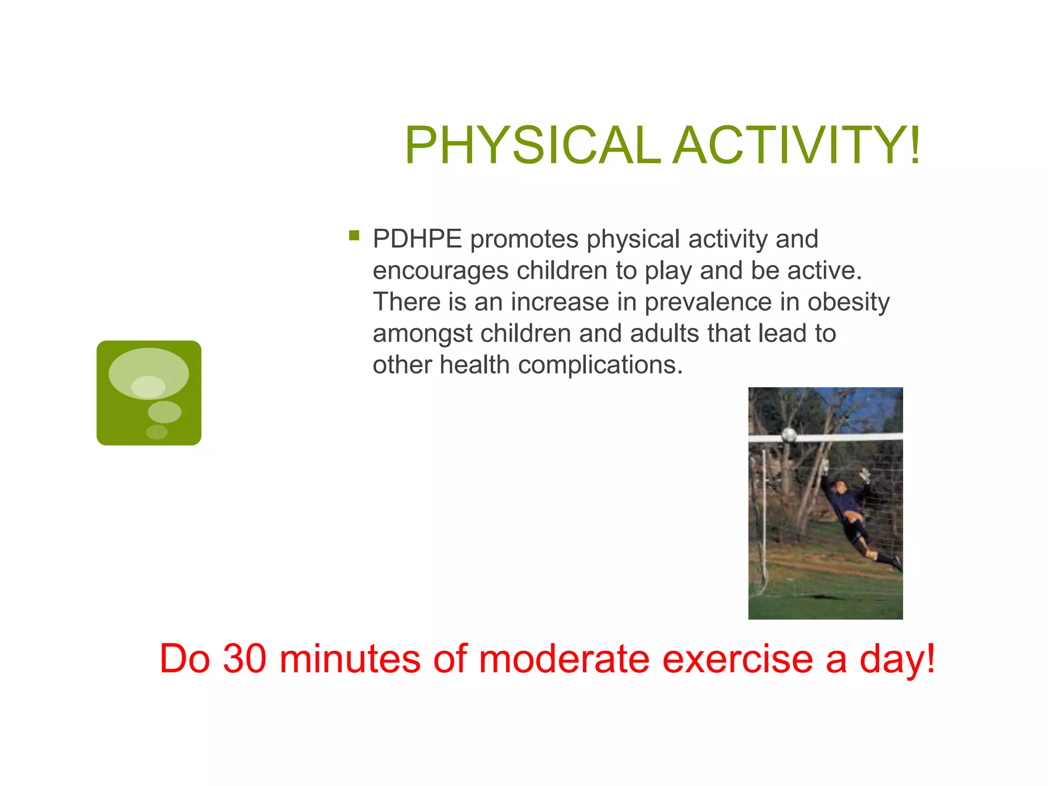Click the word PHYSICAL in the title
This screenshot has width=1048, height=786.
tap(532, 146)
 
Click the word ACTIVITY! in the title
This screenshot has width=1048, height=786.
tap(796, 146)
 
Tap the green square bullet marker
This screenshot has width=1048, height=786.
tap(354, 235)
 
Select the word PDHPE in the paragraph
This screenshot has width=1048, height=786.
tap(417, 239)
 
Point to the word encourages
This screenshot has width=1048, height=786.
tap(440, 271)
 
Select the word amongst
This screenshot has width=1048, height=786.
tap(423, 334)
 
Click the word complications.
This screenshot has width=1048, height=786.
tap(600, 365)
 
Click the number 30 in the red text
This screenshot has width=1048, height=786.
tap(245, 659)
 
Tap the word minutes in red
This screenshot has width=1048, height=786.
tap(350, 659)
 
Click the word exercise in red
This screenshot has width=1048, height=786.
tap(737, 659)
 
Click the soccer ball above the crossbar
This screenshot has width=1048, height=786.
tap(789, 435)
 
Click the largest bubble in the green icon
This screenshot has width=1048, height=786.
tap(148, 373)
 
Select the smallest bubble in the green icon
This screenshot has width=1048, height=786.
tap(157, 432)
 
